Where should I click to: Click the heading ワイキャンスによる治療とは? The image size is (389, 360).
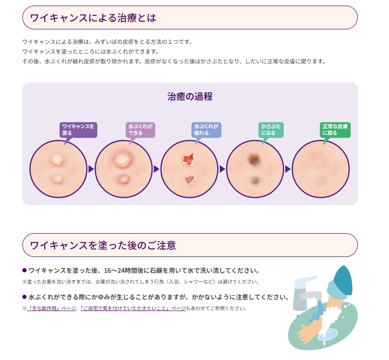[93, 18]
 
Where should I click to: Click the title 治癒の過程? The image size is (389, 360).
[190, 97]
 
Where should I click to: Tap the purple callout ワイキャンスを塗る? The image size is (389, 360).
[78, 130]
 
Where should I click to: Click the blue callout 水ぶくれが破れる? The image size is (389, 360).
[206, 130]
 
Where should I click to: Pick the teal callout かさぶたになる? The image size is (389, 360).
[271, 130]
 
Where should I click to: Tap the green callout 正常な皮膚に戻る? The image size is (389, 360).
[336, 130]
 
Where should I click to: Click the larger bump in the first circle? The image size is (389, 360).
[57, 160]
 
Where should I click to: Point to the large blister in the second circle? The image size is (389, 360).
[123, 159]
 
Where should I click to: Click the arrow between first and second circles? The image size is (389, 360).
[91, 169]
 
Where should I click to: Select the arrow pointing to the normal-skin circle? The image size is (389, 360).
[288, 169]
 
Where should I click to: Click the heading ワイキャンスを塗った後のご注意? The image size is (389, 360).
[103, 245]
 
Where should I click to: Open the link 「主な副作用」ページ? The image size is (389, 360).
[51, 308]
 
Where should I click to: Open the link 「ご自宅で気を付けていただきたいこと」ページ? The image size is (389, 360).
[133, 308]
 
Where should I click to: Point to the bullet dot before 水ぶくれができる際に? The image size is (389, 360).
[25, 297]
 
